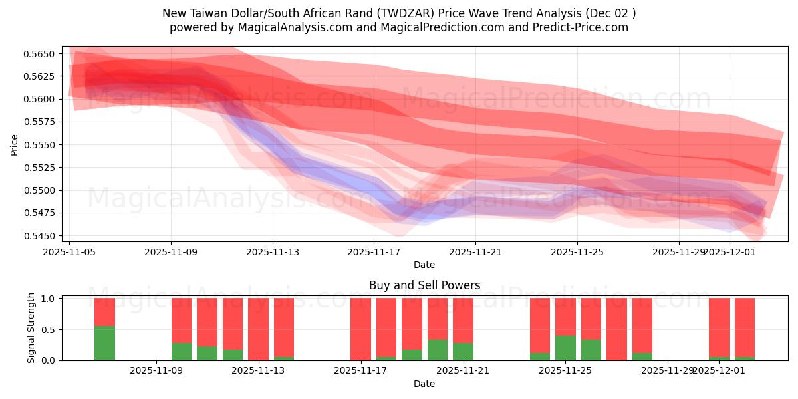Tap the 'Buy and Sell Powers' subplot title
[424, 285]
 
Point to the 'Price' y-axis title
[15, 144]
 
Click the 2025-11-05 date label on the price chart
[70, 252]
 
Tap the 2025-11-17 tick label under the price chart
[374, 252]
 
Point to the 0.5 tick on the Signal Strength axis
[50, 330]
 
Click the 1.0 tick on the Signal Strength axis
[50, 299]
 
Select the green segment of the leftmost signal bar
[104, 343]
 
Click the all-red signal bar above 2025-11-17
[360, 329]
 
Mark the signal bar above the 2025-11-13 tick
[258, 329]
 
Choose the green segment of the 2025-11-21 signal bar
[463, 352]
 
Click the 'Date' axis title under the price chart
[424, 265]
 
